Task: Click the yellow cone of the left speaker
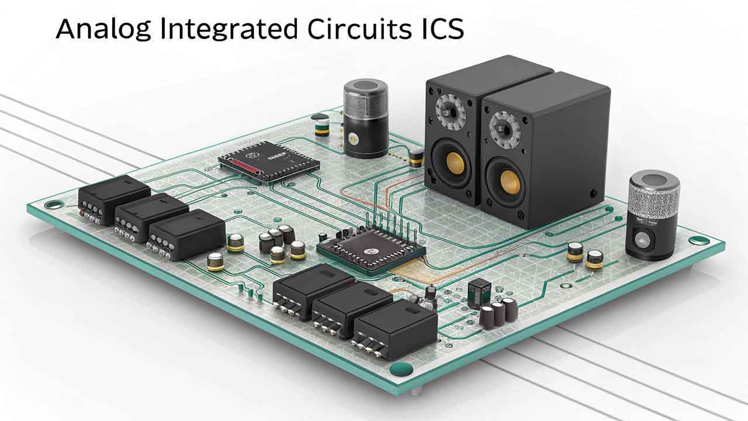click(x=455, y=163)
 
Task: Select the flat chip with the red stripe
click(x=268, y=161)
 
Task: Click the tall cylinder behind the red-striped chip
click(x=366, y=119)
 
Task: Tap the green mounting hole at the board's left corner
click(x=54, y=205)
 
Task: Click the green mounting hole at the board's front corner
click(x=401, y=368)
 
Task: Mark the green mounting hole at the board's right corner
click(x=699, y=240)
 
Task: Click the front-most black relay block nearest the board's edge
click(x=396, y=329)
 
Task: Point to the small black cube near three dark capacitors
click(x=479, y=292)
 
